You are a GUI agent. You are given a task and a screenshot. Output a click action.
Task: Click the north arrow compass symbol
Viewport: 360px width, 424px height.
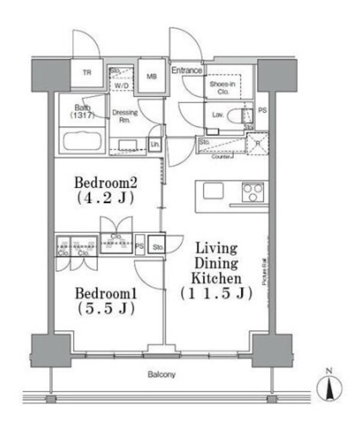point(328,388)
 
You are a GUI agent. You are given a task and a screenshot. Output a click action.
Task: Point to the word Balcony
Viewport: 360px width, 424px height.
point(161,375)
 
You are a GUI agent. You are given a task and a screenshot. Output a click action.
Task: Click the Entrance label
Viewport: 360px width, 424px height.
point(187,70)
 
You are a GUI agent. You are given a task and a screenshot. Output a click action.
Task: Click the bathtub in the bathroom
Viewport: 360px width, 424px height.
point(83,143)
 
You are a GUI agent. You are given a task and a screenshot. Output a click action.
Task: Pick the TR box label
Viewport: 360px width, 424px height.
point(87,74)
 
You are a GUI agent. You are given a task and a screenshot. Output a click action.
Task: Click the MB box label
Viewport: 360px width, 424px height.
point(152,76)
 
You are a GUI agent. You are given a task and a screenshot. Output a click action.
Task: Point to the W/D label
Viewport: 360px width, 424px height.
point(122,86)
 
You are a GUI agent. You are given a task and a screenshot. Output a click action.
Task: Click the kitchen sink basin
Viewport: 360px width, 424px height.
point(213,191)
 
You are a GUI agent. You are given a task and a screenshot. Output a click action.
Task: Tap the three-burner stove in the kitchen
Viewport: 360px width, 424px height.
point(253,192)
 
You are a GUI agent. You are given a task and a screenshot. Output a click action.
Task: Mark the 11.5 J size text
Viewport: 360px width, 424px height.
point(216,294)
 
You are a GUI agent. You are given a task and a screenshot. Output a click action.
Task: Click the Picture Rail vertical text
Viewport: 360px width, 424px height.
point(264,270)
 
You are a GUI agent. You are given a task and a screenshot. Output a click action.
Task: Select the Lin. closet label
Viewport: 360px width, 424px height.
point(155,144)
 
